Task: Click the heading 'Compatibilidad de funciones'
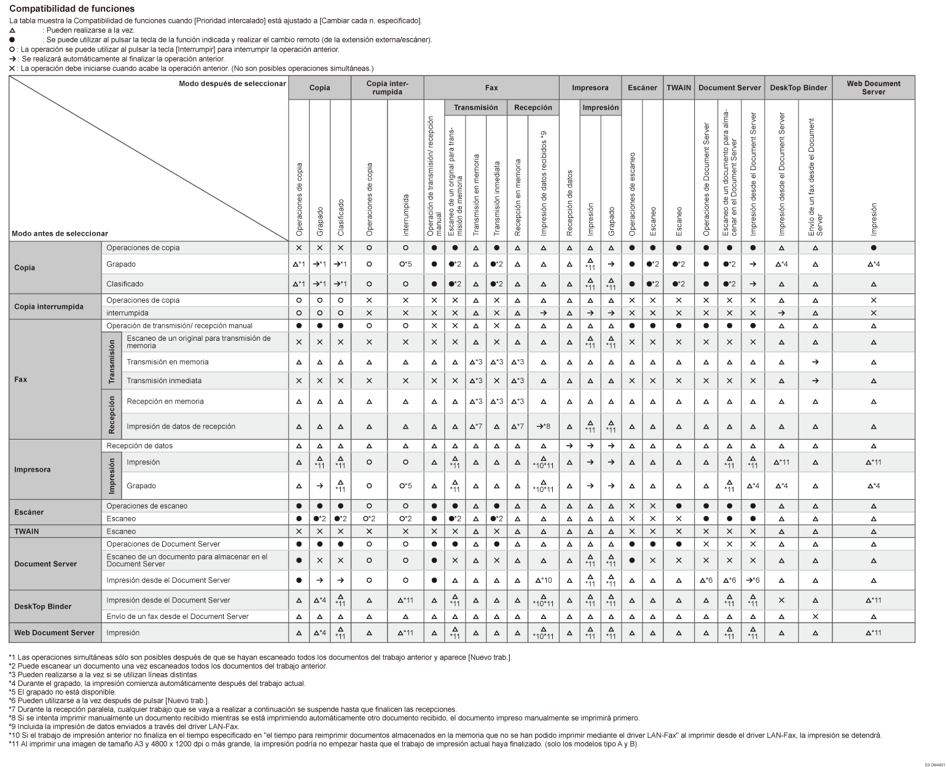tap(72, 9)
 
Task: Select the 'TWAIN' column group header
tap(678, 88)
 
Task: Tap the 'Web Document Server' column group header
tap(873, 88)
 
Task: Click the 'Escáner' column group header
tap(642, 88)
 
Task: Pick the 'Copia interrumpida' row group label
tap(49, 306)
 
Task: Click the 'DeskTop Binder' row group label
tap(42, 607)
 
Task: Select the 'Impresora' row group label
tap(33, 470)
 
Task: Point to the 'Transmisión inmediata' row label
tap(164, 381)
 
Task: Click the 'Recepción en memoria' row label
tap(165, 402)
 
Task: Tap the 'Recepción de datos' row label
tap(139, 446)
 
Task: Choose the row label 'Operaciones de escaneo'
tap(147, 506)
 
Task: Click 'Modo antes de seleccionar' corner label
tap(60, 233)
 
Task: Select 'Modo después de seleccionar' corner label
tap(232, 84)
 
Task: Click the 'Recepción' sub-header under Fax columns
tap(533, 107)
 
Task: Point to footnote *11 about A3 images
tap(322, 744)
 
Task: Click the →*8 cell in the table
tap(543, 426)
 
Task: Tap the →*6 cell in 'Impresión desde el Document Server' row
tap(752, 580)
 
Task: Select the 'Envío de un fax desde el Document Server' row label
tap(178, 617)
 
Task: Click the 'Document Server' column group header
tap(729, 88)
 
